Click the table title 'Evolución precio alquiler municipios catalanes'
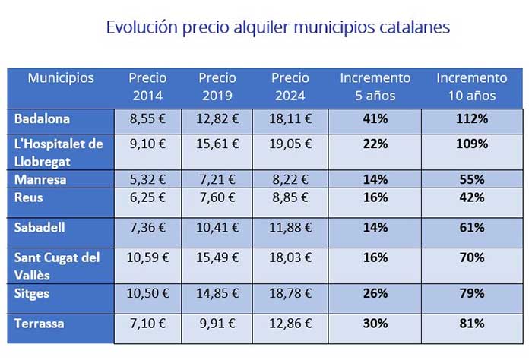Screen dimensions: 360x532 278,27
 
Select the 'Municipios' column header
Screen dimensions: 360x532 61,77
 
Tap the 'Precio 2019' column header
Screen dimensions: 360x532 217,87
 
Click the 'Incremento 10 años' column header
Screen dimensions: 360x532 471,87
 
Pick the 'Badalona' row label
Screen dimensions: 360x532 43,118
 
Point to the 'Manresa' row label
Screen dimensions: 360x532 40,180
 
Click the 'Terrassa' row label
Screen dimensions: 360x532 40,324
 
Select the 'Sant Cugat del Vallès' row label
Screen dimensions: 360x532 58,264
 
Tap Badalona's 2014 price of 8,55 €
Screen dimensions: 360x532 147,118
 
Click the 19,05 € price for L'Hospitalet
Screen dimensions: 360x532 289,143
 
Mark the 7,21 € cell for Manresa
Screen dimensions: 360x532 218,180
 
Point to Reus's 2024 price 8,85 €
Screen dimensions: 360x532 289,197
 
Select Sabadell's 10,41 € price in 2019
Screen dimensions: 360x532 218,227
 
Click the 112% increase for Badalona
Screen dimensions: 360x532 471,118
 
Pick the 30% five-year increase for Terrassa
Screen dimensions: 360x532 375,324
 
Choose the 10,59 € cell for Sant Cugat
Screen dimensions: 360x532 147,257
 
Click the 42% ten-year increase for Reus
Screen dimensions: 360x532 471,197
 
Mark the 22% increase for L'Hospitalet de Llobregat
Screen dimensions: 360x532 375,143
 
